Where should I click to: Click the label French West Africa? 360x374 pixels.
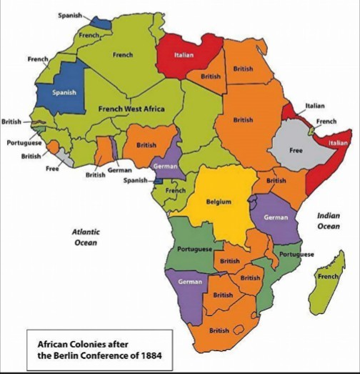point(131,109)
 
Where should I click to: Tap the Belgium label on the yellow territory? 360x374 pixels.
point(219,202)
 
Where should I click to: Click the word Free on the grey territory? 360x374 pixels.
point(296,151)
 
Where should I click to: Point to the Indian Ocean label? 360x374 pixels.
point(329,221)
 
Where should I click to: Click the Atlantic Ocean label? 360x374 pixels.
point(86,237)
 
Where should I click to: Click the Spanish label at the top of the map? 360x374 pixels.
point(69,15)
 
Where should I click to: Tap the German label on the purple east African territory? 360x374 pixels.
point(276,217)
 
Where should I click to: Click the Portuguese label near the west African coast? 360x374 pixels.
point(24,143)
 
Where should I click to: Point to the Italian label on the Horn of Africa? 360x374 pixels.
point(338,144)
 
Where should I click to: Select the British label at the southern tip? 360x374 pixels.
point(219,331)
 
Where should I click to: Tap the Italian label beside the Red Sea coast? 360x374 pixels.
point(315,106)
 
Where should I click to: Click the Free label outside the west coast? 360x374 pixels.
point(52,169)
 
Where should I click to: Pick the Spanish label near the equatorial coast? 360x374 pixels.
point(134,180)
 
